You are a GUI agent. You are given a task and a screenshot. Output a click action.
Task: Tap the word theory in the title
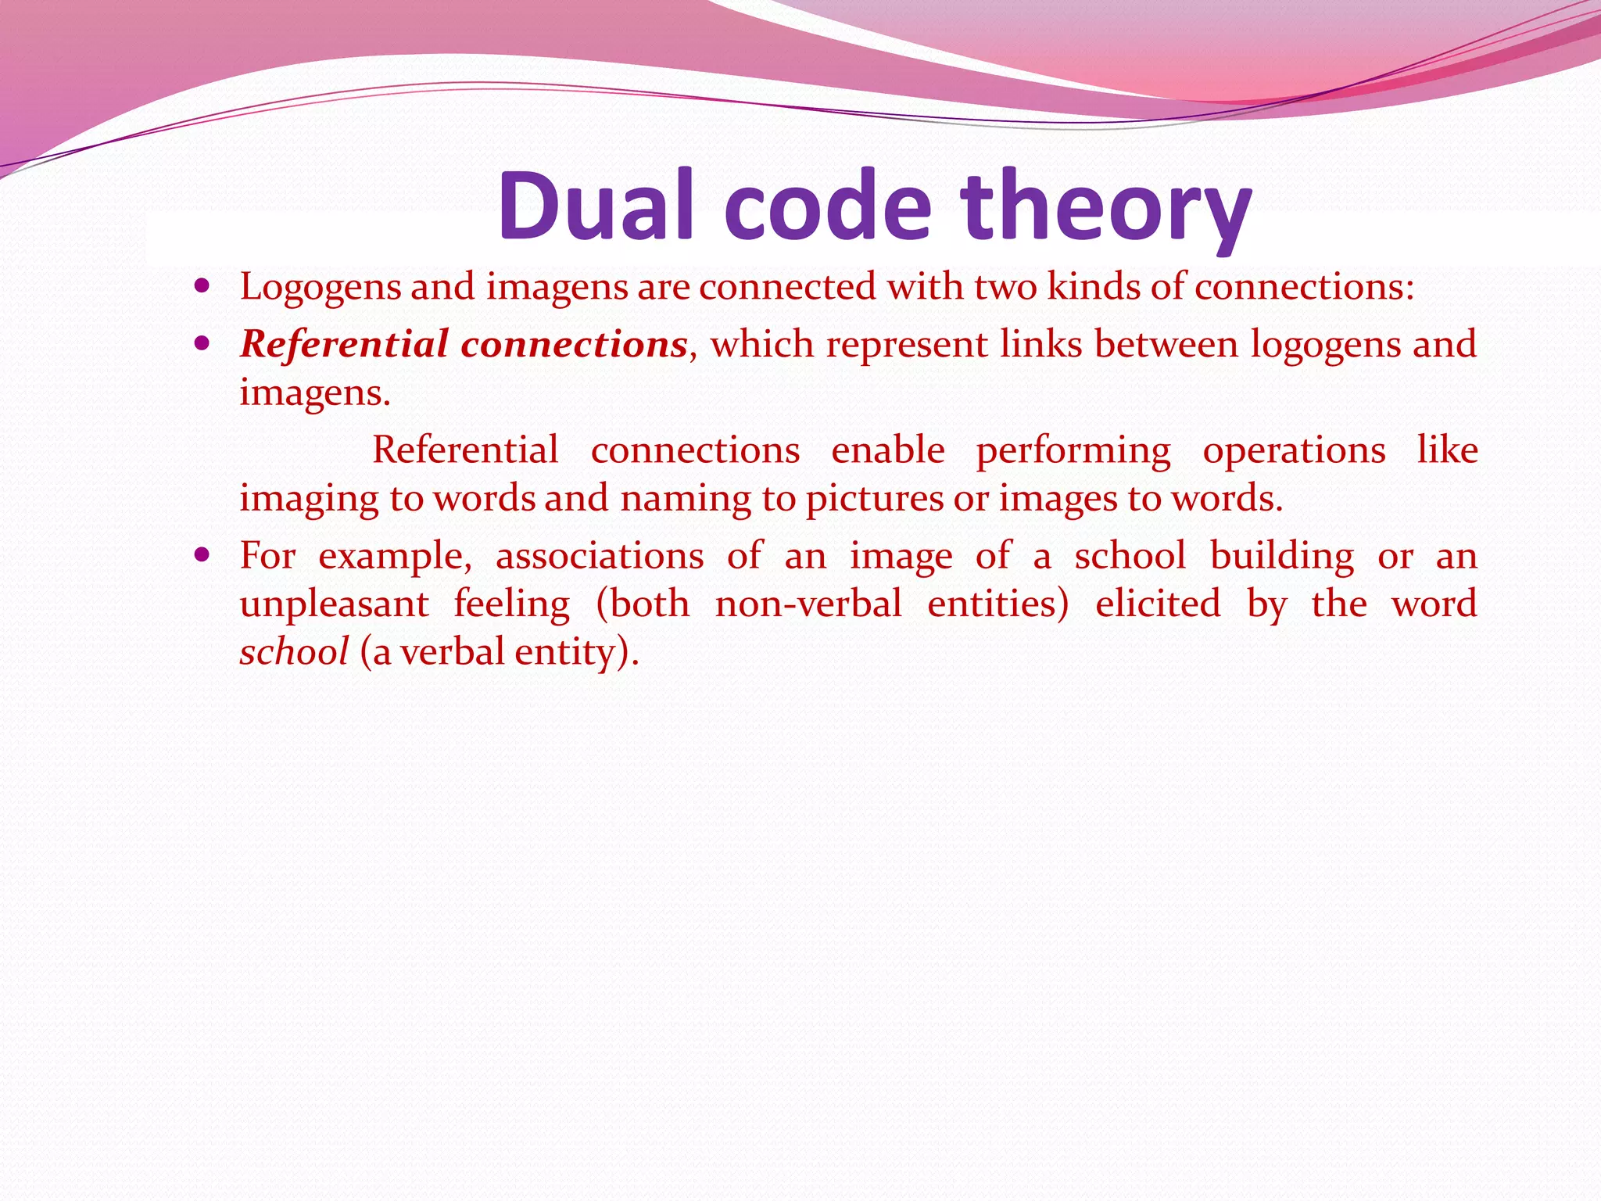(x=1106, y=210)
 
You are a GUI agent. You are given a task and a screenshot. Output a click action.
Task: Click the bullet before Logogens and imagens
(x=202, y=286)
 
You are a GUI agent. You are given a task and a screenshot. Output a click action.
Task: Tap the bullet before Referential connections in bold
(x=202, y=343)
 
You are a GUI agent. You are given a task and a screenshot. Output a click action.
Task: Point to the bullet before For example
(x=202, y=556)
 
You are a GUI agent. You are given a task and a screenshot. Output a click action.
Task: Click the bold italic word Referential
(x=345, y=344)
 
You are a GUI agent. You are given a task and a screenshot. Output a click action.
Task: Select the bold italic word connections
(x=574, y=344)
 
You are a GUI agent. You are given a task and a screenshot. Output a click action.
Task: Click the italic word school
(x=294, y=652)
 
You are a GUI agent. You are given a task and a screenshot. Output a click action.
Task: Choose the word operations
(x=1294, y=450)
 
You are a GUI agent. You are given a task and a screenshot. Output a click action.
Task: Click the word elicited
(x=1157, y=604)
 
